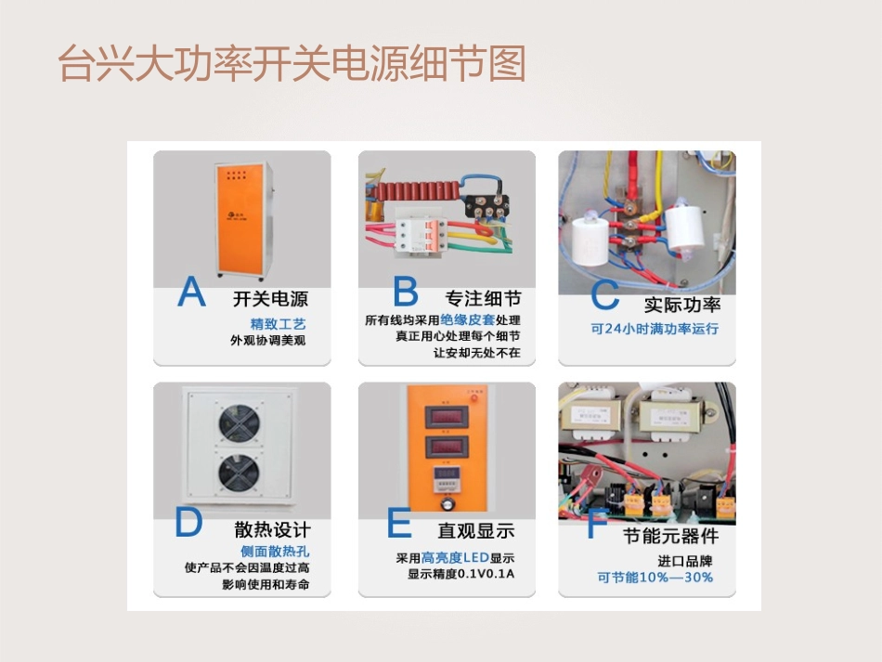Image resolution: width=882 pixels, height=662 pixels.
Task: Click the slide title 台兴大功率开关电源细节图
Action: coord(292,64)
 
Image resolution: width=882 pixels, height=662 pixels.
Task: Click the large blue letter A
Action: coord(191,293)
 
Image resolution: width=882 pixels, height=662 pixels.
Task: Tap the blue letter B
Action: coord(406,293)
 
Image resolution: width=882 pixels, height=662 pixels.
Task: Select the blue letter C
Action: coord(604,297)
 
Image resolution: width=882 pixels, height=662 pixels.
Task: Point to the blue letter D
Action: coord(188,525)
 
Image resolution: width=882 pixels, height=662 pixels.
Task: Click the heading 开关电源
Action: coord(270,299)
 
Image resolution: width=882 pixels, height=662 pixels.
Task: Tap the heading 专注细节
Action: coord(483,299)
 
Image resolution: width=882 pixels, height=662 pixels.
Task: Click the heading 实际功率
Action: coord(682,305)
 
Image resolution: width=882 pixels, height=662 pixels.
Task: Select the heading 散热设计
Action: coord(272,530)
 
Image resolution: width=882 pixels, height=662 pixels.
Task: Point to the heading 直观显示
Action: coord(476,531)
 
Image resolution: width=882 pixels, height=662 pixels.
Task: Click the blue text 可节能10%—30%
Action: coord(655,578)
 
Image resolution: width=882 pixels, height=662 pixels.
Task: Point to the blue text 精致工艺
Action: coord(278,324)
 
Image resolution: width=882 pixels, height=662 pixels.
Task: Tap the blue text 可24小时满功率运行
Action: coord(655,329)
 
